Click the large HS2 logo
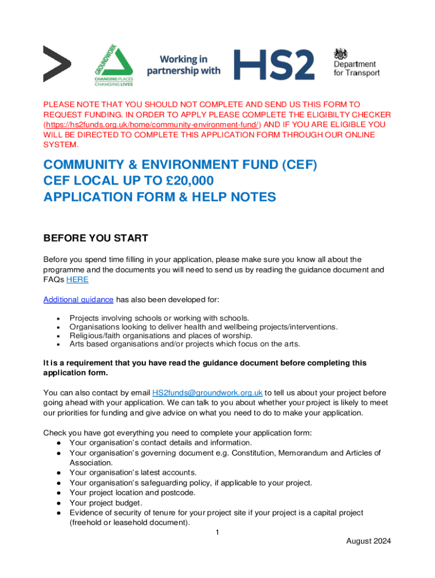pos(274,64)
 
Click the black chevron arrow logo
pos(57,64)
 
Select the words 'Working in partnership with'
pos(184,65)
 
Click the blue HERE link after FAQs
pos(77,280)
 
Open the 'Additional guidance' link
pos(79,299)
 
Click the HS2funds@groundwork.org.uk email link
pos(208,393)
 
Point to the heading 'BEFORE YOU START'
pos(95,238)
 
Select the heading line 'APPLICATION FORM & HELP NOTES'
pos(160,197)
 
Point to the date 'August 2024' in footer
pos(368,541)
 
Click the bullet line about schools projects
pos(159,318)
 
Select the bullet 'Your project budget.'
pos(105,503)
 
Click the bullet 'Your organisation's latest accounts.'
pos(133,472)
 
